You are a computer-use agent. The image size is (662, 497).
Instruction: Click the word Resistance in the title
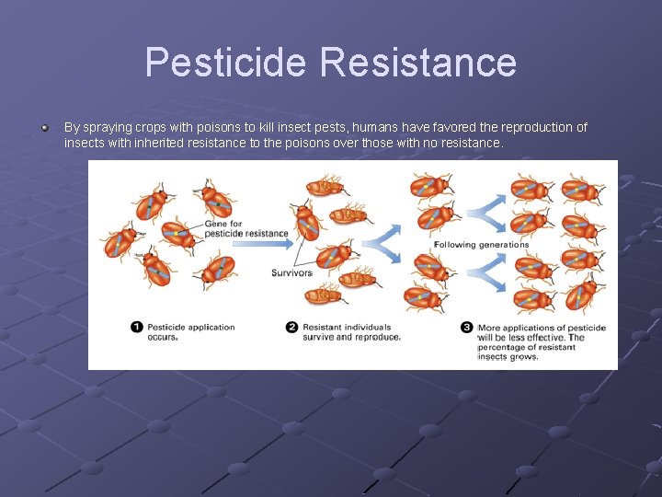coord(418,63)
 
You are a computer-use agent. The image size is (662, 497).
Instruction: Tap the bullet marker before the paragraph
coord(43,127)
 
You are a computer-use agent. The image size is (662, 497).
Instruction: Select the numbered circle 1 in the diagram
coord(137,327)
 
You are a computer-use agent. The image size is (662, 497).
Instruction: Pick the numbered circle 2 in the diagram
coord(292,327)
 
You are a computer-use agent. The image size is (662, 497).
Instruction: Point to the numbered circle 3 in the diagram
coord(467,327)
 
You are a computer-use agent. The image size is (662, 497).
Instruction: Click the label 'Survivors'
coord(291,272)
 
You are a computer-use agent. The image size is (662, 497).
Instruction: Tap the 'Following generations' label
coord(481,244)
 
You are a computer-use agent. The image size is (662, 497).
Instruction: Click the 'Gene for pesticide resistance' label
coord(245,228)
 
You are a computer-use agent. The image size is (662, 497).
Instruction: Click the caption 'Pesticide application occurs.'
coord(191,331)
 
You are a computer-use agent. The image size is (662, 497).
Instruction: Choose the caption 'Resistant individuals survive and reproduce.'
coord(351,331)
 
